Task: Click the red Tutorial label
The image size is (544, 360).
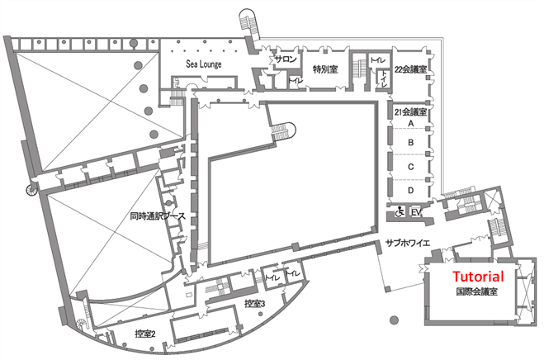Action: [x=478, y=277]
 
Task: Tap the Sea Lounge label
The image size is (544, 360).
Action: [x=204, y=64]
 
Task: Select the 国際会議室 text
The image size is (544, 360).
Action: [x=476, y=291]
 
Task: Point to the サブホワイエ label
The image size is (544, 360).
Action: [x=408, y=243]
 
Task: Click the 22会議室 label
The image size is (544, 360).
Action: [x=410, y=69]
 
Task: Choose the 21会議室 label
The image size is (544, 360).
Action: [x=410, y=111]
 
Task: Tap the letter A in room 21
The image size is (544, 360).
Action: [x=411, y=123]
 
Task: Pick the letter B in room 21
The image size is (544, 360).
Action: [x=411, y=142]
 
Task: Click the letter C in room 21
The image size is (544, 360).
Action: [x=411, y=167]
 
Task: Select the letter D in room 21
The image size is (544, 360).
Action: [x=411, y=190]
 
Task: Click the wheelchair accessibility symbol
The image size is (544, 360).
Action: [x=400, y=211]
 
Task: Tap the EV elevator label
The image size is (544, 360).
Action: [x=415, y=211]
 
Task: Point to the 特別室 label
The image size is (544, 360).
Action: [x=325, y=69]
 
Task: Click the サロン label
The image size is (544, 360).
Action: [x=286, y=59]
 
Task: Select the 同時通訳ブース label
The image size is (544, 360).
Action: [x=158, y=216]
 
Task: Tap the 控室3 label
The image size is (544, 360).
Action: [x=255, y=304]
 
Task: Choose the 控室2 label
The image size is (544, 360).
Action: [x=145, y=334]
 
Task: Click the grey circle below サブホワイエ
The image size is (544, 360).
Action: [x=394, y=320]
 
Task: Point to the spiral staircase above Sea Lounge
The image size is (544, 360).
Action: [x=248, y=21]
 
